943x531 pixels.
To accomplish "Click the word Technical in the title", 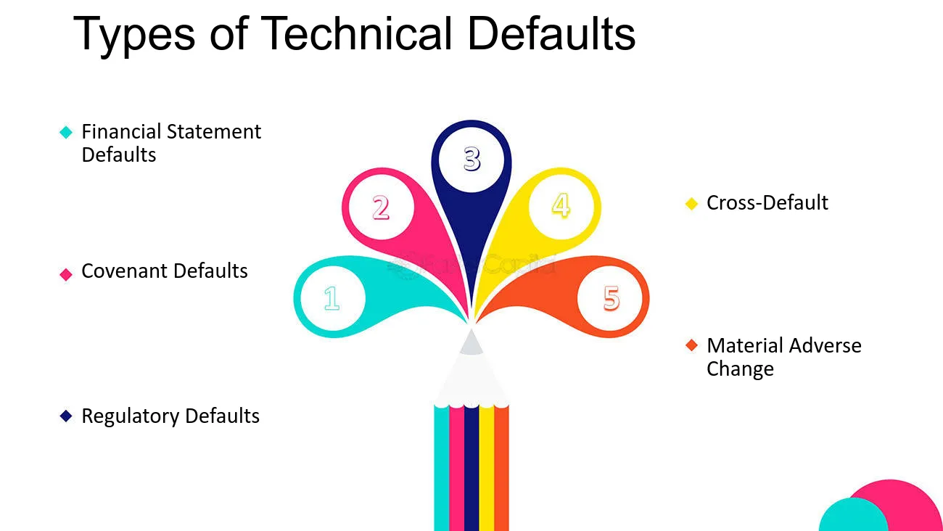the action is (x=357, y=33).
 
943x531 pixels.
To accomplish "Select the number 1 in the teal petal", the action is (x=332, y=298).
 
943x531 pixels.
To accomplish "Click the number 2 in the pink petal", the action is (x=381, y=207).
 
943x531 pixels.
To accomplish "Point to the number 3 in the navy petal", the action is (x=472, y=159).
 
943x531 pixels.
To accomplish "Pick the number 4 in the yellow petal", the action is (x=561, y=205).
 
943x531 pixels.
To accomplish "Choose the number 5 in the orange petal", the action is (x=611, y=298).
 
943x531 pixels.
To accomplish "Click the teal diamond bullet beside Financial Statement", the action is (x=66, y=132).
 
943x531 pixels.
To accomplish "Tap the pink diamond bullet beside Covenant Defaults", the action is (x=66, y=274).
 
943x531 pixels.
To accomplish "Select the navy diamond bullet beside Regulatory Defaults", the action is (x=66, y=416).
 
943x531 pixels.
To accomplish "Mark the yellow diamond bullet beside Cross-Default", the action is (x=692, y=203).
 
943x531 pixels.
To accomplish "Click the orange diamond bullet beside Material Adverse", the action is (x=692, y=345).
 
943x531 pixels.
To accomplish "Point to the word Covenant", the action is (x=125, y=271).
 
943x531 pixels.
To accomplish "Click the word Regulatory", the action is (x=131, y=416).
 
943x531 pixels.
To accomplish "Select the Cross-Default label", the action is (x=767, y=203).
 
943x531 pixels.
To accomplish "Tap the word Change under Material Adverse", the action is (x=740, y=369).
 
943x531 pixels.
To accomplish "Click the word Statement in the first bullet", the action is (x=214, y=132).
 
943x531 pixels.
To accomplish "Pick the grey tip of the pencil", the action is (x=471, y=342).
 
